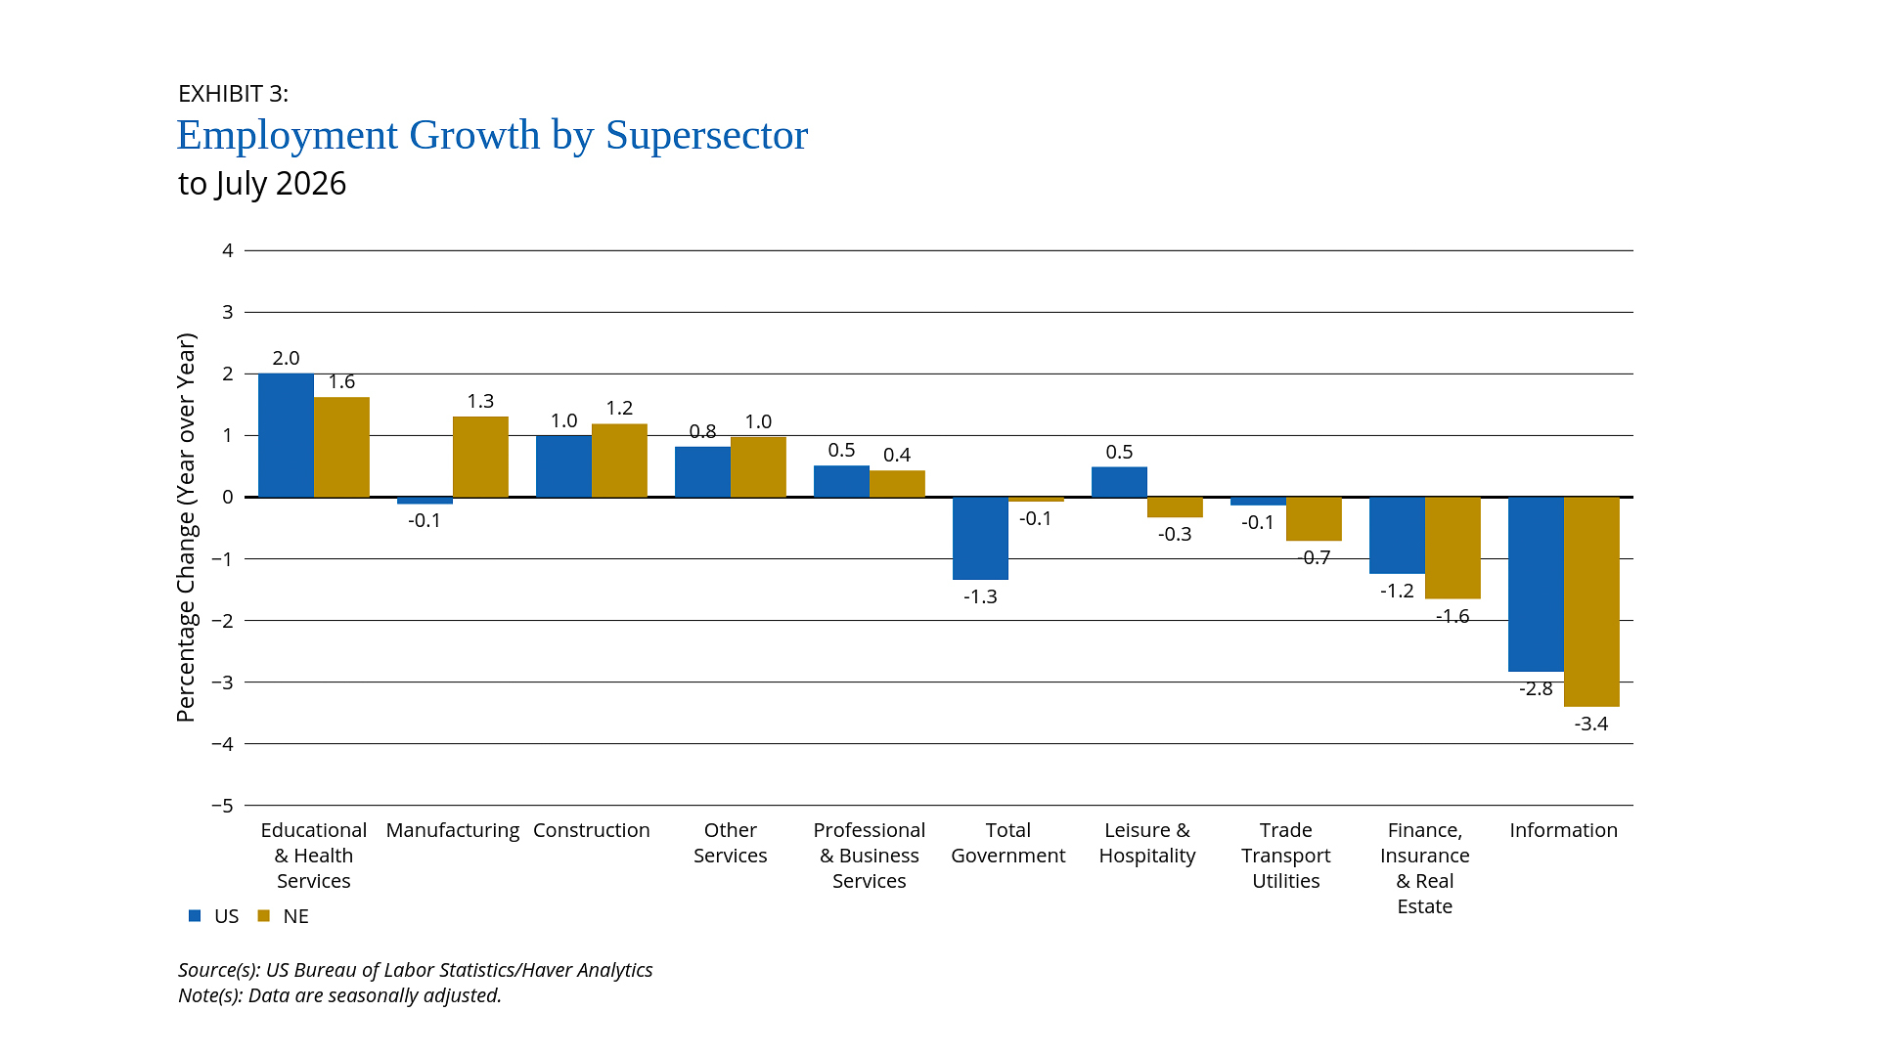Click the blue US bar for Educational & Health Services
pyautogui.click(x=286, y=435)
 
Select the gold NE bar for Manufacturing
pyautogui.click(x=480, y=457)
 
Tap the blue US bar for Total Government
pyautogui.click(x=980, y=538)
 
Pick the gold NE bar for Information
pyautogui.click(x=1591, y=601)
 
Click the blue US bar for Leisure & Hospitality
pyautogui.click(x=1119, y=482)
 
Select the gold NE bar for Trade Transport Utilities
pyautogui.click(x=1314, y=518)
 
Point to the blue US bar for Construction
pyautogui.click(x=563, y=465)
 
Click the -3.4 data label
pyautogui.click(x=1591, y=724)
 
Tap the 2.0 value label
pyautogui.click(x=286, y=358)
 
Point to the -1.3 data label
pyautogui.click(x=980, y=596)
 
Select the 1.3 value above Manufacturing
pyautogui.click(x=480, y=401)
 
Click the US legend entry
pyautogui.click(x=214, y=916)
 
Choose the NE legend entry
pyautogui.click(x=284, y=916)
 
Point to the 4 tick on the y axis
pyautogui.click(x=228, y=250)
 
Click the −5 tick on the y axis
pyautogui.click(x=223, y=806)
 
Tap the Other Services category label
pyautogui.click(x=731, y=843)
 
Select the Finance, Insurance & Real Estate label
pyautogui.click(x=1425, y=868)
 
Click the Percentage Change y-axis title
pyautogui.click(x=186, y=528)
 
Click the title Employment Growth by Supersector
pyautogui.click(x=492, y=135)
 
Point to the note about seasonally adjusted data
pyautogui.click(x=339, y=995)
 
